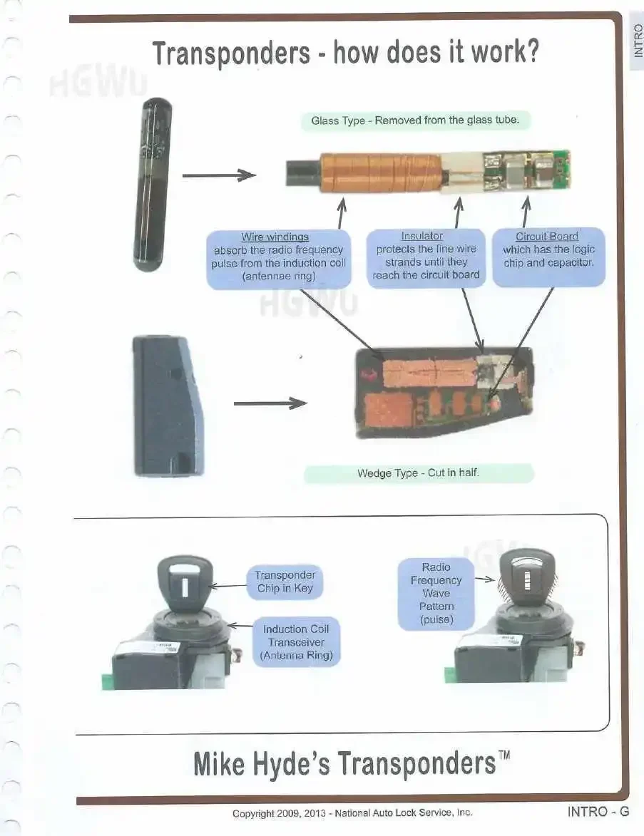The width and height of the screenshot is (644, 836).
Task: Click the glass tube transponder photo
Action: point(152,185)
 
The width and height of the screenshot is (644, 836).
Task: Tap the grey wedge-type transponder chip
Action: point(169,406)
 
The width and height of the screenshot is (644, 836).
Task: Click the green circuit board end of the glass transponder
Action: point(528,170)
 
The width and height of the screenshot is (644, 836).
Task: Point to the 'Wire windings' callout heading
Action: point(275,237)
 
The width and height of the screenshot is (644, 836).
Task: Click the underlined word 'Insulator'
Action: point(421,236)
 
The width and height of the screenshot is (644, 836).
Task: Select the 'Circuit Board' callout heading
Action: point(547,237)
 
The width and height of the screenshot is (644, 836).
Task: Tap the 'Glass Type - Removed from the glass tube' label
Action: point(420,120)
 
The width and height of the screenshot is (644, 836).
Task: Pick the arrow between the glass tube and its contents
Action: point(219,175)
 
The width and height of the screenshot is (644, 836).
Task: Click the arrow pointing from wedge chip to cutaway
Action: point(270,403)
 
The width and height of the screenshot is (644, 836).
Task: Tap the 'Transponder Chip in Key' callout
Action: point(285,582)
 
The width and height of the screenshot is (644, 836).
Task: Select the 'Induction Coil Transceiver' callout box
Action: point(296,642)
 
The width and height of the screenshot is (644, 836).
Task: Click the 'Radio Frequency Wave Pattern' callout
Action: point(436,593)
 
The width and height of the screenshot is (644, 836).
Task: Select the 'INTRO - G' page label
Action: point(598,811)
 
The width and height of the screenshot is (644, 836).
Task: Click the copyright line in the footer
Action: point(352,812)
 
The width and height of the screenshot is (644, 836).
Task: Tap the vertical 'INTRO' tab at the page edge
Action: point(638,41)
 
